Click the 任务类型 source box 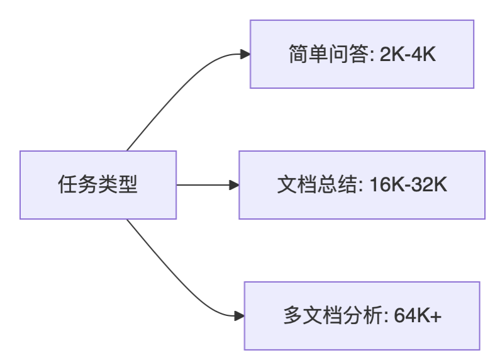pyautogui.click(x=97, y=185)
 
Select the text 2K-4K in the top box pyautogui.click(x=408, y=55)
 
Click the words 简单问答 pyautogui.click(x=328, y=55)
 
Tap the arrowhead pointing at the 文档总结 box pyautogui.click(x=234, y=185)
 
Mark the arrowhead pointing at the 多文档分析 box pyautogui.click(x=239, y=316)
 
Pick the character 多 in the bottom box pyautogui.click(x=292, y=316)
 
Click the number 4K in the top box pyautogui.click(x=424, y=55)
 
